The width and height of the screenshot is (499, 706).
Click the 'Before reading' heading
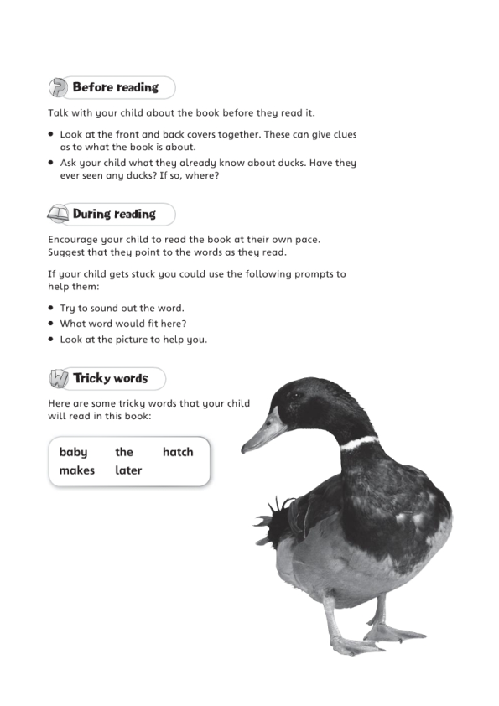click(x=115, y=87)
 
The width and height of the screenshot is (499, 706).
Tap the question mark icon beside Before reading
click(x=58, y=87)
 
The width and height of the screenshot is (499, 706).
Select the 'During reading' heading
click(x=114, y=214)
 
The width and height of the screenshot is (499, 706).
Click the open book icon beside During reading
click(x=58, y=214)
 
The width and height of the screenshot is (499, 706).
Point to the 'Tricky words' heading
click(x=110, y=378)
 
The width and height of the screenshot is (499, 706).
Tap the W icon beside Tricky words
click(x=58, y=379)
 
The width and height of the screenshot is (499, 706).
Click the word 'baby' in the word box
click(x=73, y=452)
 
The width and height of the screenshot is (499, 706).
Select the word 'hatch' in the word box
click(x=178, y=452)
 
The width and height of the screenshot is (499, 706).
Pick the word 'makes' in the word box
click(x=77, y=470)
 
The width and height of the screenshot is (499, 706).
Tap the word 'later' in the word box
click(x=128, y=470)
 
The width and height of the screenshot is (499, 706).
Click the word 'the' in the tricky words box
click(x=124, y=452)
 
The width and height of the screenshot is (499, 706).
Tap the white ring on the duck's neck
click(x=360, y=443)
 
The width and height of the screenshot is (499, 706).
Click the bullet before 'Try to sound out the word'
click(x=51, y=309)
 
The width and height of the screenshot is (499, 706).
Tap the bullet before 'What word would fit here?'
click(x=51, y=324)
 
